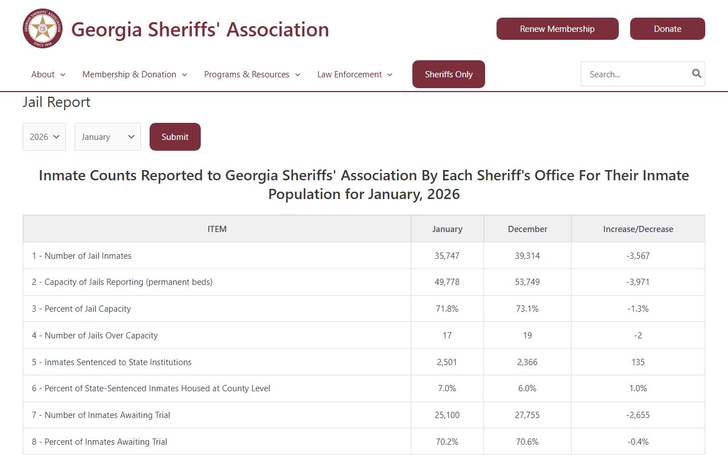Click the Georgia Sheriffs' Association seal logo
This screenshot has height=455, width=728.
(x=43, y=28)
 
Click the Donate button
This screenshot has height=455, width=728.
(x=667, y=29)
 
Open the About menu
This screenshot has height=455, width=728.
(x=48, y=75)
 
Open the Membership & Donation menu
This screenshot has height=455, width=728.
(x=134, y=75)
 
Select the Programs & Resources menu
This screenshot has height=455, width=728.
(x=252, y=75)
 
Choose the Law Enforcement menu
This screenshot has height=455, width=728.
(x=354, y=75)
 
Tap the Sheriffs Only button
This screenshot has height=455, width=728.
(x=448, y=75)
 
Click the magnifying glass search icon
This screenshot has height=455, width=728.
(x=696, y=73)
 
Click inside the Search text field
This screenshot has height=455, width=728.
(x=634, y=75)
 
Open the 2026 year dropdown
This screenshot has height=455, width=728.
(x=44, y=137)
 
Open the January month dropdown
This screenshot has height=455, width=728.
(x=107, y=137)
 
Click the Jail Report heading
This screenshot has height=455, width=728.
(x=56, y=102)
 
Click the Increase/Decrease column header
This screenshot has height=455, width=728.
(x=638, y=229)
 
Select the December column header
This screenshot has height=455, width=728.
(x=527, y=229)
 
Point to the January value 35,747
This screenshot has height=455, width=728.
(x=447, y=256)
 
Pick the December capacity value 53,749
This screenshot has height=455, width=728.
(x=527, y=282)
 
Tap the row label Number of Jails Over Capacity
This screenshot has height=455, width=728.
(x=95, y=336)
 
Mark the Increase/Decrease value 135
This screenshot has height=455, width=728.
(x=638, y=362)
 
